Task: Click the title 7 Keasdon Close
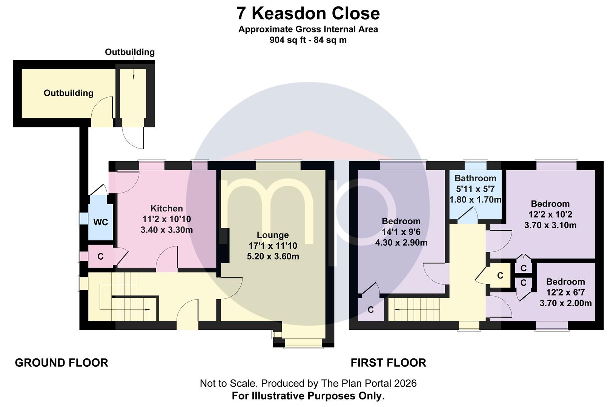coord(308,13)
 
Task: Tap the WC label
coord(101,222)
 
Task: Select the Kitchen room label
coord(167,208)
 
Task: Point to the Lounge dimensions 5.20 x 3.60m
coord(273,256)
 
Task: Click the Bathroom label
coord(475,178)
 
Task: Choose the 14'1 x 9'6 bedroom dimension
coord(401,232)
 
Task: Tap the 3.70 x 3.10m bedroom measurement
coord(550,225)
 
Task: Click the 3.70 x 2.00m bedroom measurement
coord(565,303)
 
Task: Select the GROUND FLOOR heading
coord(61,363)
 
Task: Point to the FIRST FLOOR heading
coord(388,363)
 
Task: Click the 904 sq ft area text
coord(288,40)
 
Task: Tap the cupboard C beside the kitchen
coord(101,257)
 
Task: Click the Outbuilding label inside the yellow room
coord(69,93)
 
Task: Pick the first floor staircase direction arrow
coord(397,309)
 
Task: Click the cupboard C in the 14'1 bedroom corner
coord(371,310)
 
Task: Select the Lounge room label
coord(273,235)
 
